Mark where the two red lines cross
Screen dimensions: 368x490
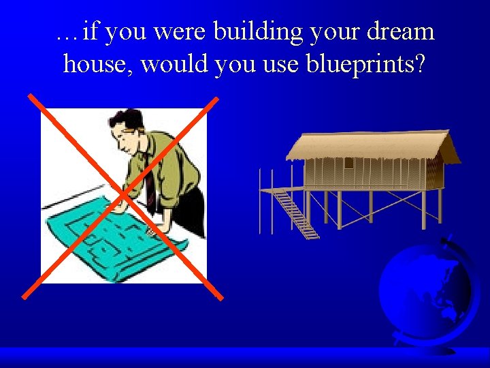point(122,197)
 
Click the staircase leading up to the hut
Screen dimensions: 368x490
point(296,213)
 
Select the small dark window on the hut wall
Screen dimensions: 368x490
point(348,164)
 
